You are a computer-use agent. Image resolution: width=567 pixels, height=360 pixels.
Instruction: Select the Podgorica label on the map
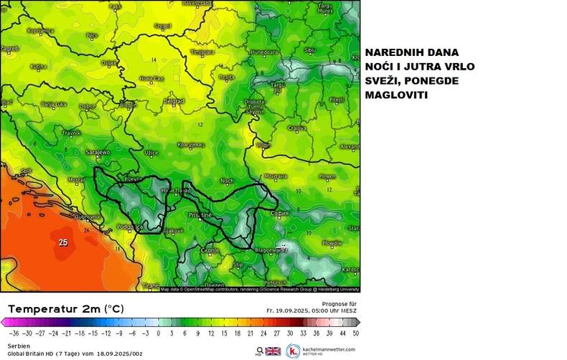(131, 228)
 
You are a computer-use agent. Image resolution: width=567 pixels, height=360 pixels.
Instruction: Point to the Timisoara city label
(202, 52)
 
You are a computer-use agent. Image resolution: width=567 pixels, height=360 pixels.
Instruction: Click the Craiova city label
(297, 128)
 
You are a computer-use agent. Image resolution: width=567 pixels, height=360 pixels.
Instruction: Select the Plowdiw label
(332, 244)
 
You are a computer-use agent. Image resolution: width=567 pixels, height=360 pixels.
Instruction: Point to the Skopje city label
(210, 250)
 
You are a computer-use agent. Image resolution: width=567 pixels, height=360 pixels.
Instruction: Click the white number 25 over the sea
(63, 242)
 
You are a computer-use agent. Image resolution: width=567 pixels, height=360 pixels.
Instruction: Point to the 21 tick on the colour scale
(250, 333)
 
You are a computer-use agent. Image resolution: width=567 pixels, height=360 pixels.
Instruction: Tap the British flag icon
(273, 351)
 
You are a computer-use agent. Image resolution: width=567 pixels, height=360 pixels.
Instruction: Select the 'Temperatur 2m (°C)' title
(66, 308)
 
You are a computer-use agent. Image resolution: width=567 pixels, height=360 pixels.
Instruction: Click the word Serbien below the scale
(19, 346)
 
